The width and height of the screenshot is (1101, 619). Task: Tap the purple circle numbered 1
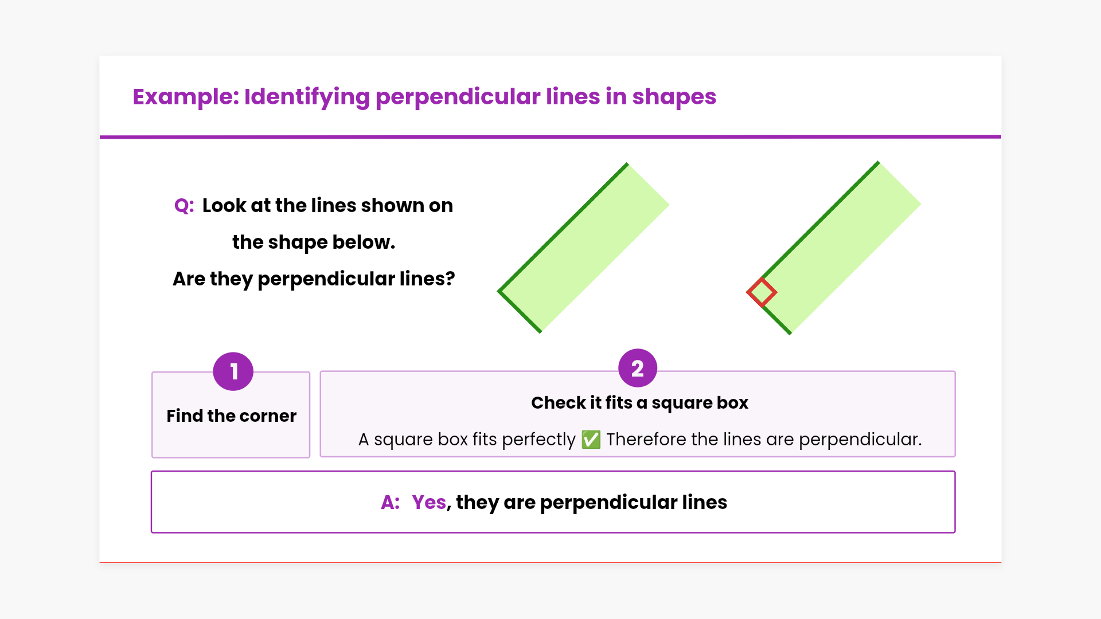pyautogui.click(x=233, y=371)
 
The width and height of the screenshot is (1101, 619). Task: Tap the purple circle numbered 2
pyautogui.click(x=638, y=368)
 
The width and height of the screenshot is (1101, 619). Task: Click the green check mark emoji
pyautogui.click(x=591, y=440)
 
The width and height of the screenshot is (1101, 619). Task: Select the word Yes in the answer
pyautogui.click(x=429, y=502)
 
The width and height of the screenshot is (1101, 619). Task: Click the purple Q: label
pyautogui.click(x=184, y=205)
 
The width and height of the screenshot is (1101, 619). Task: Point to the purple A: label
pyautogui.click(x=391, y=502)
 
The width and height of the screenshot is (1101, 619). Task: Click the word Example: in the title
pyautogui.click(x=186, y=97)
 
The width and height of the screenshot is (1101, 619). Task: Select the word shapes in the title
pyautogui.click(x=674, y=97)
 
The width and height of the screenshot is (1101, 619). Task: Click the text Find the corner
pyautogui.click(x=232, y=416)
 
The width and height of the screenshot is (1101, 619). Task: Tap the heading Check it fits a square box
pyautogui.click(x=640, y=403)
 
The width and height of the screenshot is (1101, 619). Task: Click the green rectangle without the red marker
pyautogui.click(x=584, y=248)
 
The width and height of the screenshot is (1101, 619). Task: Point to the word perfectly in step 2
pyautogui.click(x=538, y=440)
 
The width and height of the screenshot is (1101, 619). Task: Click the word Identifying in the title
pyautogui.click(x=307, y=97)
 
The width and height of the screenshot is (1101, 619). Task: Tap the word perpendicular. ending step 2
pyautogui.click(x=860, y=440)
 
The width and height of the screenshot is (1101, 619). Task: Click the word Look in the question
pyautogui.click(x=224, y=205)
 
